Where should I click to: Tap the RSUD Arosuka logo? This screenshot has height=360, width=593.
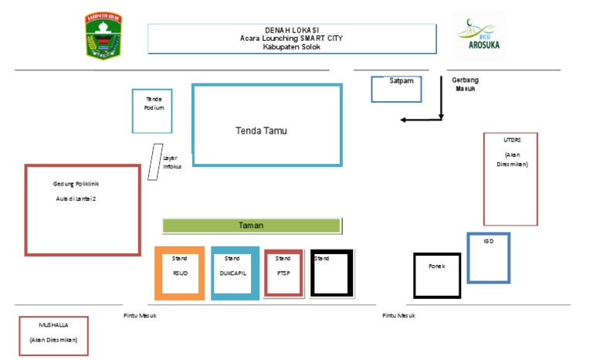tap(479, 36)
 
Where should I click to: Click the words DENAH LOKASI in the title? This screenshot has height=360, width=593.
tap(292, 30)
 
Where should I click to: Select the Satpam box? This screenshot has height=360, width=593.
tap(396, 89)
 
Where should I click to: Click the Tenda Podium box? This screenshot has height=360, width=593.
tap(152, 111)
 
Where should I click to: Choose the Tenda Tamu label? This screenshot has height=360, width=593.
tap(261, 131)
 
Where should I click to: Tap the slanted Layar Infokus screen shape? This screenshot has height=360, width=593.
tap(155, 162)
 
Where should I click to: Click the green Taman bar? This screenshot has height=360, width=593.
tap(252, 226)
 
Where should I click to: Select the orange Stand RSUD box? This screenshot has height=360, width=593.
tap(180, 273)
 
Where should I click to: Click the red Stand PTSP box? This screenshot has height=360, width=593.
tap(283, 273)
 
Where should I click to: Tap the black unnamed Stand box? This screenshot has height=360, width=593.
tap(332, 273)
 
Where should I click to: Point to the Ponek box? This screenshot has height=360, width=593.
tap(437, 275)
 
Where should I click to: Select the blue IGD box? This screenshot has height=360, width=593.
tap(488, 257)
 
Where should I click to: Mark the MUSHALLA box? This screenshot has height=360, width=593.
tap(53, 335)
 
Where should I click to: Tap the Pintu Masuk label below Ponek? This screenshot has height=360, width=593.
tap(398, 315)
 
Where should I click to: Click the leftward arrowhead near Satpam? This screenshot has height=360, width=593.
tap(403, 120)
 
